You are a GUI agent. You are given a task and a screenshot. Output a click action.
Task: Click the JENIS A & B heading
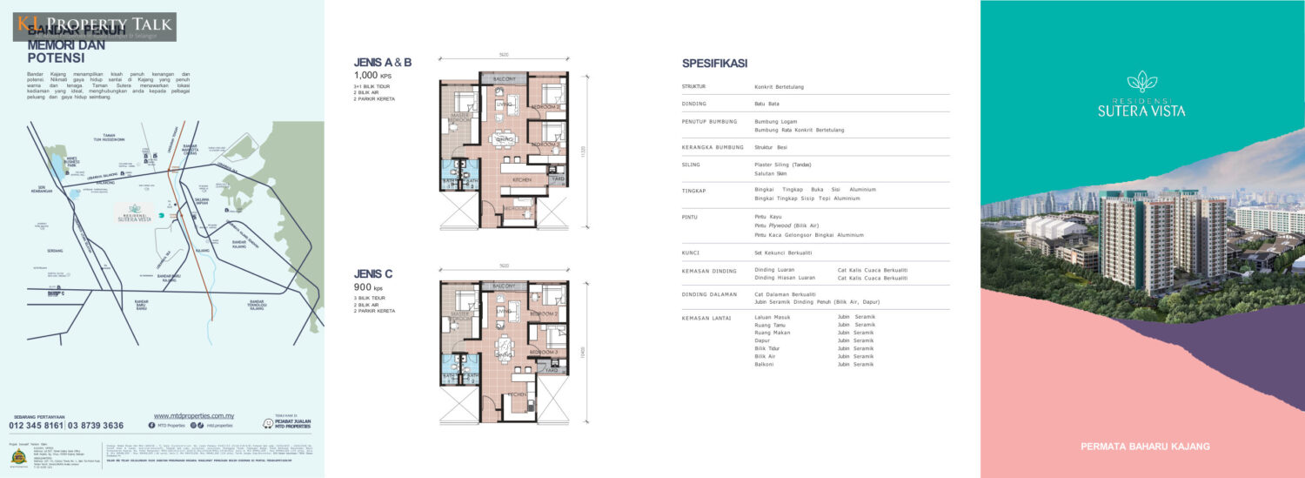click(382, 63)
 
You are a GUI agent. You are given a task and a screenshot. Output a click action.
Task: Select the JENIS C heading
click(373, 274)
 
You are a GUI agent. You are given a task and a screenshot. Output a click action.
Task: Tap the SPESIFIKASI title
click(714, 64)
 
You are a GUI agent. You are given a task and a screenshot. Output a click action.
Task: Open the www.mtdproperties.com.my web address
click(193, 416)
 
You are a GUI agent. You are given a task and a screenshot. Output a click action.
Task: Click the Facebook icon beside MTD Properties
click(151, 427)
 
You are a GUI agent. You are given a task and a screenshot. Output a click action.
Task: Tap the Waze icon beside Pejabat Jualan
click(267, 425)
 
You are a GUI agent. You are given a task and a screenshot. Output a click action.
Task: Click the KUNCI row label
click(693, 252)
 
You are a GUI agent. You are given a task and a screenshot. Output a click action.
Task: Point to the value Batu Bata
click(766, 104)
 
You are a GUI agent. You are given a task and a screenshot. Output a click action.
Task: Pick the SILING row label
click(692, 164)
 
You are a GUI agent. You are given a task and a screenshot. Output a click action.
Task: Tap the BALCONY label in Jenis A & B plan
click(504, 78)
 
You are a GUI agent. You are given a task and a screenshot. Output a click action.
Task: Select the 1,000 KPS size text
click(372, 76)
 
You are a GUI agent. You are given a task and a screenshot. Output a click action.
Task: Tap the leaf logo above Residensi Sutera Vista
click(1141, 82)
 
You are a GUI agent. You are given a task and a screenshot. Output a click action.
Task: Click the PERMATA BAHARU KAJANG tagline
click(1145, 447)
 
